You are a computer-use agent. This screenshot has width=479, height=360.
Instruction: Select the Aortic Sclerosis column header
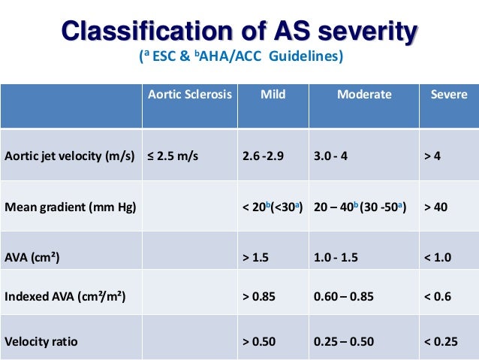point(190,95)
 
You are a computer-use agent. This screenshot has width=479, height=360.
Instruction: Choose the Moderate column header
point(364,95)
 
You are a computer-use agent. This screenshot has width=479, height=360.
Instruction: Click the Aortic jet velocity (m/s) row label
point(69,157)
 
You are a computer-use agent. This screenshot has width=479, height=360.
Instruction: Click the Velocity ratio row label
point(41,341)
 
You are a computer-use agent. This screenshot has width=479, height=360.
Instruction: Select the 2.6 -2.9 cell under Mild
point(264,157)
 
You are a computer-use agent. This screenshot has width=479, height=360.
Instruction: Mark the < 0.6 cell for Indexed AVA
point(438,297)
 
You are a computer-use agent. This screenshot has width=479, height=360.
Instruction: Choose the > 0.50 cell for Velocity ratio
point(259,341)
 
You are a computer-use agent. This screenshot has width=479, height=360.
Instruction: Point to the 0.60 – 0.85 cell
point(344,297)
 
